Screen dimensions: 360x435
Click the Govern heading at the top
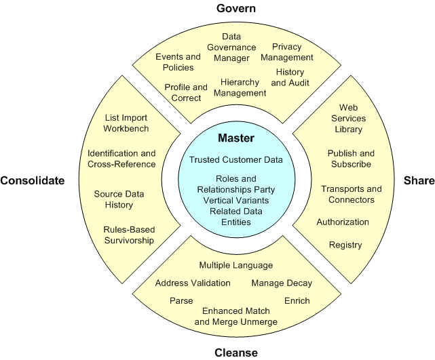click(217, 8)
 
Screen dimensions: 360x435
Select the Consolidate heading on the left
click(32, 180)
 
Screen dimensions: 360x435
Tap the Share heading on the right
click(419, 180)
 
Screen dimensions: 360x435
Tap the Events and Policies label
click(178, 62)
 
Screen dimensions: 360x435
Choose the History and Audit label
click(290, 77)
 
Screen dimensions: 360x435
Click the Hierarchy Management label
click(240, 87)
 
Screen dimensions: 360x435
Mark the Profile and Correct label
click(186, 92)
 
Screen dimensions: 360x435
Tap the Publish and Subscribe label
click(350, 159)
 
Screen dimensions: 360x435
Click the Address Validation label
click(193, 283)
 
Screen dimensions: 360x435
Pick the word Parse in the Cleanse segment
click(181, 300)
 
